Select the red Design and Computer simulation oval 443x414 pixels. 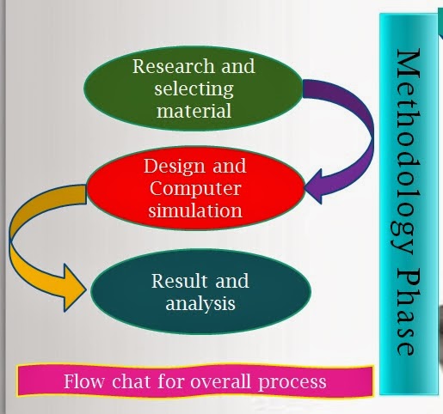(195, 188)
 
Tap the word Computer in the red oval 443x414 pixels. (194, 187)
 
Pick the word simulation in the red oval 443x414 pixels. (195, 210)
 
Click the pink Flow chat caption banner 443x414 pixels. (195, 381)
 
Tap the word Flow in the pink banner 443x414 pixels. (83, 381)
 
